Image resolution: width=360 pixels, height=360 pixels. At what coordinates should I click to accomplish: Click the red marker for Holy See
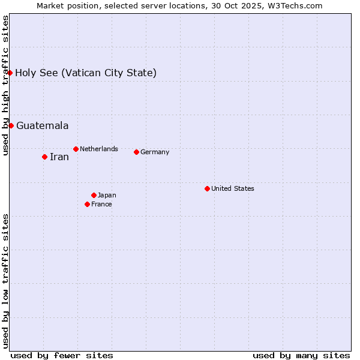click(10, 73)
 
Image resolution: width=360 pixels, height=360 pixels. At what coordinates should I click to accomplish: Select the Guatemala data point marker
click(11, 125)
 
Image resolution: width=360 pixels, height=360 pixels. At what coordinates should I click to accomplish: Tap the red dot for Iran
click(44, 157)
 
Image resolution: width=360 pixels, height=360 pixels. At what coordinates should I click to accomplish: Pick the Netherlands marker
click(76, 149)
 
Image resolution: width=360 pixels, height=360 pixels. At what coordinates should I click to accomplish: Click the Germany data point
click(136, 152)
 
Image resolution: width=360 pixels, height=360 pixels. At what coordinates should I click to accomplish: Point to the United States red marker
click(207, 188)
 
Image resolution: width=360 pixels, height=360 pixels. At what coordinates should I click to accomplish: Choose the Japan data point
click(94, 195)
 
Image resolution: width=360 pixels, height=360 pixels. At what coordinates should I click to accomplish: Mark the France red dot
click(87, 204)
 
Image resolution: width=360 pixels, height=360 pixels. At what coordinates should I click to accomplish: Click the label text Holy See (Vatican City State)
click(86, 73)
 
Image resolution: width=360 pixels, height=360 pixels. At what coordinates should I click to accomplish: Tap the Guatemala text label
click(42, 126)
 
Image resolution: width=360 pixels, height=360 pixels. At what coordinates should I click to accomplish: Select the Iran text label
click(59, 157)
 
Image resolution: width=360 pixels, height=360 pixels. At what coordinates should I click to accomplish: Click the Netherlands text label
click(99, 149)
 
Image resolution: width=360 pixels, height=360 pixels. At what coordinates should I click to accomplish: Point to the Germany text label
click(155, 152)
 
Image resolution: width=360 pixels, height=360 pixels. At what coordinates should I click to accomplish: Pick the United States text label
click(233, 188)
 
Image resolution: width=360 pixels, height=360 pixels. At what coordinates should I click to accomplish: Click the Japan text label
click(107, 195)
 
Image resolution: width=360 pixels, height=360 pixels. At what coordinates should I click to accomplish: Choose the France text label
click(101, 204)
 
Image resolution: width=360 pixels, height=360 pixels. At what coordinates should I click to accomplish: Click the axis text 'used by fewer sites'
click(62, 355)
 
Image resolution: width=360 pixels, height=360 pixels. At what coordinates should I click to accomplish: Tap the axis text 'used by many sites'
click(301, 355)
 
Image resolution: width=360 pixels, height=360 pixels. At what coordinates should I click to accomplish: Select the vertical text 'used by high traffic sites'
click(5, 85)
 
